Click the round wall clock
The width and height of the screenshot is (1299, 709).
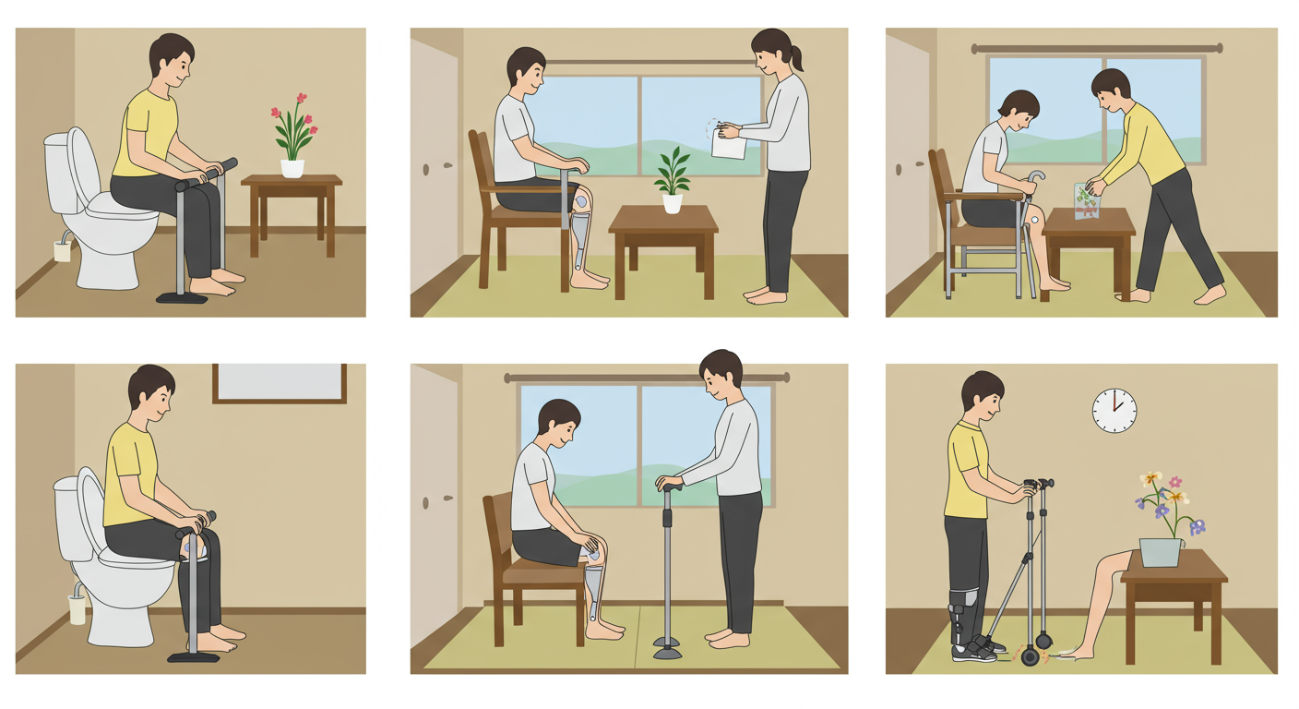pos(1114,410)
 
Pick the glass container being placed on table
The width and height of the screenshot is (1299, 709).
pos(1088,201)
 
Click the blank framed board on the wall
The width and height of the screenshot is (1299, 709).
pos(279,382)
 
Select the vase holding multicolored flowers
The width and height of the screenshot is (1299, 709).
pos(1161,551)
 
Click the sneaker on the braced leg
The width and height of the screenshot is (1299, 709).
pos(974,650)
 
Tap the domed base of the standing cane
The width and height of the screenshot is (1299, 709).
pos(667,653)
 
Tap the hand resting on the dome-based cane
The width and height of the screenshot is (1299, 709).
pos(667,482)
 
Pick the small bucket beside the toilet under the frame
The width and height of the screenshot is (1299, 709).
pos(77,607)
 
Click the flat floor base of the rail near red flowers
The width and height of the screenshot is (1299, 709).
pos(182,297)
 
